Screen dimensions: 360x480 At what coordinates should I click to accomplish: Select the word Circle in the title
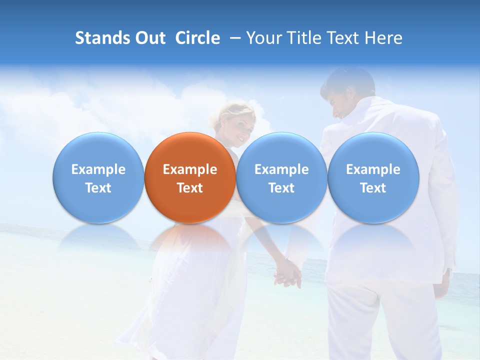(x=197, y=38)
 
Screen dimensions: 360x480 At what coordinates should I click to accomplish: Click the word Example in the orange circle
(x=190, y=169)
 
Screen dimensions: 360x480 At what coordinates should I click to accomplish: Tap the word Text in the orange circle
(x=190, y=188)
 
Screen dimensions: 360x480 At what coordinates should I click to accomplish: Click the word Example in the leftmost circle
(x=98, y=169)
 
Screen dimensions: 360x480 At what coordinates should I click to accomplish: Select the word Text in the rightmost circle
(x=373, y=188)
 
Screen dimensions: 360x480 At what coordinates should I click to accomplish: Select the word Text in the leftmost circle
(x=98, y=188)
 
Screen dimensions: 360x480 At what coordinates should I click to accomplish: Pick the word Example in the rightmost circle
(x=373, y=169)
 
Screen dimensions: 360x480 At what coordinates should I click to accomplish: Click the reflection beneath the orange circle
(x=190, y=240)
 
